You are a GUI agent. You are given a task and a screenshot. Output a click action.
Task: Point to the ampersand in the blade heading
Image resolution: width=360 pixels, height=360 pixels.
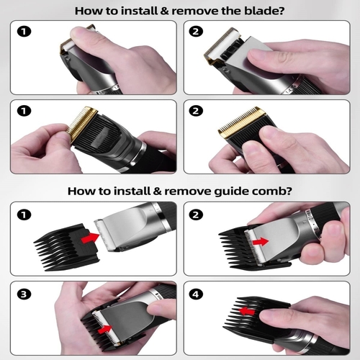pyautogui.click(x=165, y=11)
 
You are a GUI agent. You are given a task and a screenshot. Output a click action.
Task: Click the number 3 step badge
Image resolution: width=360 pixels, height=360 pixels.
pyautogui.click(x=24, y=294)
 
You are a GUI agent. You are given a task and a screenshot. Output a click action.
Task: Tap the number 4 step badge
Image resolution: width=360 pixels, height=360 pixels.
pyautogui.click(x=196, y=294)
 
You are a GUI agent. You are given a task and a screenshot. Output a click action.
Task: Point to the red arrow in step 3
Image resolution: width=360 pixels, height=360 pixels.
pyautogui.click(x=105, y=329)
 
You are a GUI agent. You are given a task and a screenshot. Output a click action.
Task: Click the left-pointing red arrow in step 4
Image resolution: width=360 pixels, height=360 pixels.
pyautogui.click(x=247, y=312)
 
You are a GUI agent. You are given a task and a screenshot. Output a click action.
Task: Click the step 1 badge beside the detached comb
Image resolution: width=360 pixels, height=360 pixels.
pyautogui.click(x=24, y=215)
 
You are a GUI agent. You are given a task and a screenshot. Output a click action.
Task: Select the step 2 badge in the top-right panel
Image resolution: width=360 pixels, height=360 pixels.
pyautogui.click(x=196, y=32)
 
